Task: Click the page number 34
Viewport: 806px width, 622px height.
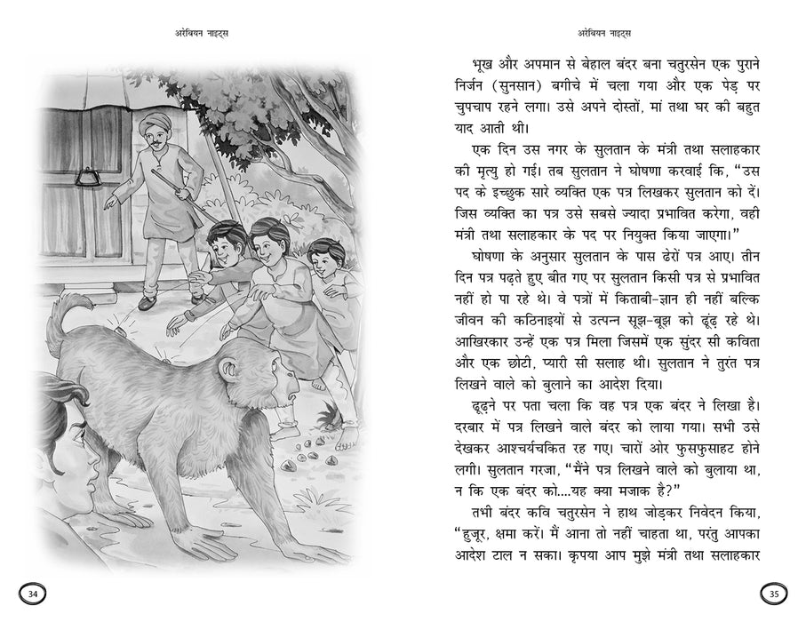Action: [x=33, y=594]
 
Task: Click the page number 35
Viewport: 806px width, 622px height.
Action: [x=773, y=594]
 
